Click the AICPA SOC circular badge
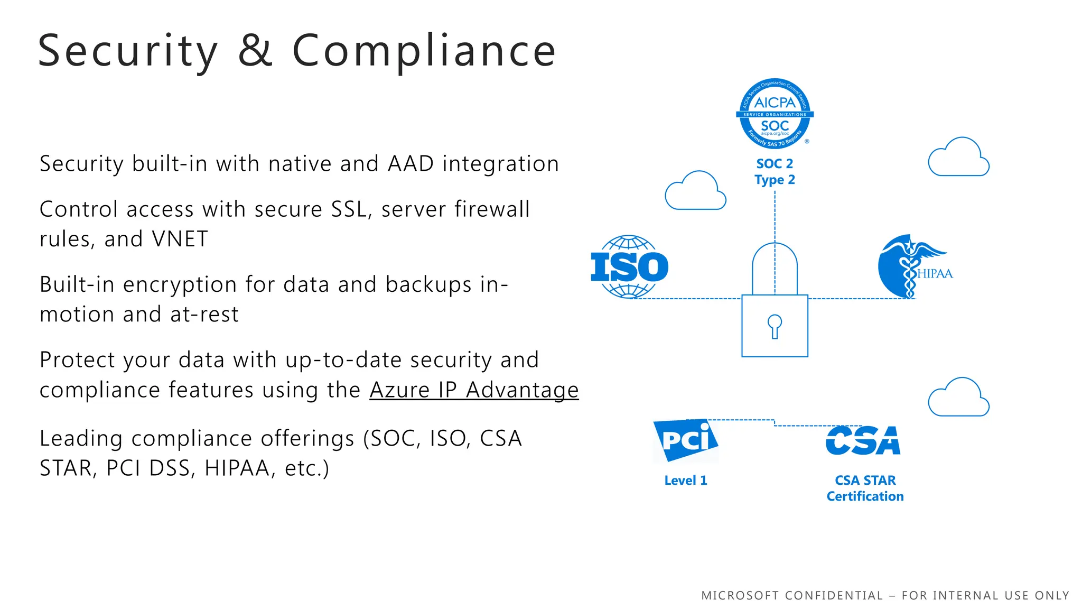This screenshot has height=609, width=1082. point(775,114)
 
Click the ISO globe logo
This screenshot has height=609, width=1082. point(629,267)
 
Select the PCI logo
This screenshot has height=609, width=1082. point(685,440)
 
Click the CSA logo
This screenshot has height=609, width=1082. point(863,440)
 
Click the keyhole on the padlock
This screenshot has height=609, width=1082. point(775,326)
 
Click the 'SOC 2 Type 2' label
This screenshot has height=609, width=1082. point(775,172)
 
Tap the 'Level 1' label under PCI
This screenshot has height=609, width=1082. point(685,481)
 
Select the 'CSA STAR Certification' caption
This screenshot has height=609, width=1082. point(865,488)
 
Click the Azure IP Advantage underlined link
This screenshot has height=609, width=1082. point(474,390)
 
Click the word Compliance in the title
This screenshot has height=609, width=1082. point(424,51)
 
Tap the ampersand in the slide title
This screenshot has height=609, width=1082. point(255,51)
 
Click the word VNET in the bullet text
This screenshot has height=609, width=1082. point(180,239)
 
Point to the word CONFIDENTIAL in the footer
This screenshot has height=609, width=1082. point(834,596)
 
